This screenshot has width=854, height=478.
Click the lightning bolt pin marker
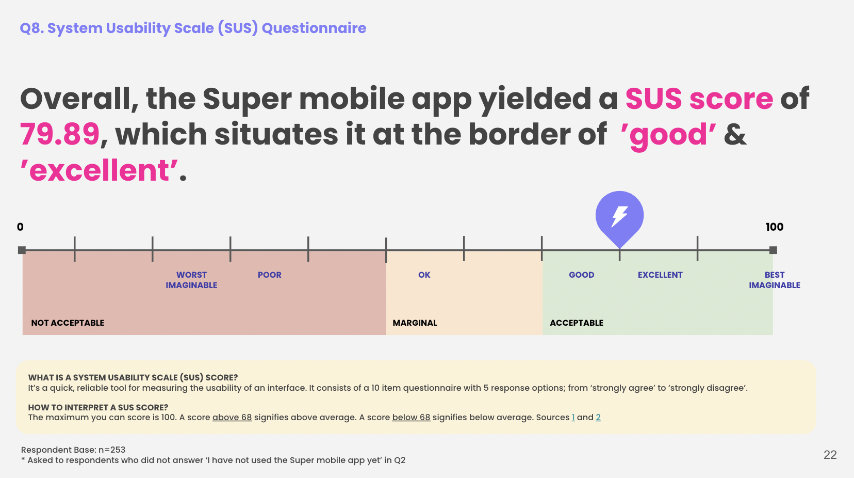(619, 217)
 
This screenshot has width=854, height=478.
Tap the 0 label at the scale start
(20, 227)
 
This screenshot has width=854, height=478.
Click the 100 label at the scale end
(774, 227)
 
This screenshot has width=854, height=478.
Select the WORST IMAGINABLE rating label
(191, 280)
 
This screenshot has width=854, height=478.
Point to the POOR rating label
(270, 275)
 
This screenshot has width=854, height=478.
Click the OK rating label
(424, 275)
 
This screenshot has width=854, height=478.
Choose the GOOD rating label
(581, 275)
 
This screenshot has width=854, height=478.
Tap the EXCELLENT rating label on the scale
(660, 275)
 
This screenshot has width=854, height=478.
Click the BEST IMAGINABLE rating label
(774, 280)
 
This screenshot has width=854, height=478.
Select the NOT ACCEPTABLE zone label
(68, 323)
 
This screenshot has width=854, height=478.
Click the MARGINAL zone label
(415, 323)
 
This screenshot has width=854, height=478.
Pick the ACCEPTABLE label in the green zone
(577, 323)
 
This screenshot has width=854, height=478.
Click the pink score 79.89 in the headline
(59, 134)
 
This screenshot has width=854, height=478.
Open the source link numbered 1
(573, 417)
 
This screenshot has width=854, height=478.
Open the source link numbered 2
(598, 417)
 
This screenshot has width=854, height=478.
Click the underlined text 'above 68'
(232, 417)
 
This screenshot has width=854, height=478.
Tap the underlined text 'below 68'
(411, 417)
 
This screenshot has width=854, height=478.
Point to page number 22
(830, 455)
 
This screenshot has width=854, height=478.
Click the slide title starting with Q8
(193, 28)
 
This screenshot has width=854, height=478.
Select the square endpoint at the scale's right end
(773, 250)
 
